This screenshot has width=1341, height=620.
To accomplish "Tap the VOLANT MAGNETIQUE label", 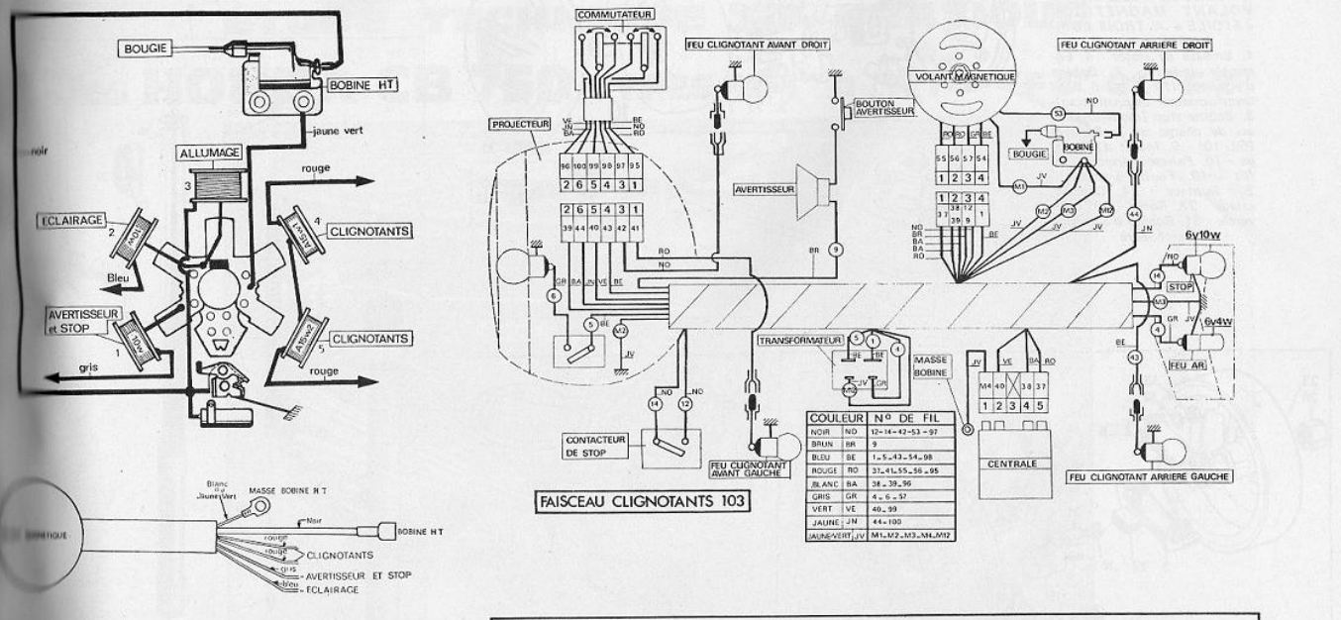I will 954,75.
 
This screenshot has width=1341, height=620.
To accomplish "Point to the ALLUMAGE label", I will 211,155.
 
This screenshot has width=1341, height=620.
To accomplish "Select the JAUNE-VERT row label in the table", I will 828,536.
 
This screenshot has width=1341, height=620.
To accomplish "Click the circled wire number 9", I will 836,250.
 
